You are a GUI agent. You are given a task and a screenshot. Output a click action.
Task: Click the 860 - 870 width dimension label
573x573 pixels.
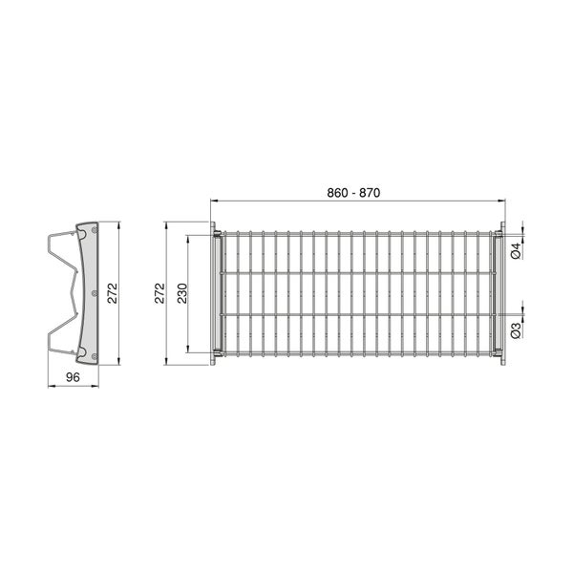(353, 193)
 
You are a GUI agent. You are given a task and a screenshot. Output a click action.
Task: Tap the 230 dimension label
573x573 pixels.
(182, 293)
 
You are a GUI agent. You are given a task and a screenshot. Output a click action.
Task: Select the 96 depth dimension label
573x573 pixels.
(73, 377)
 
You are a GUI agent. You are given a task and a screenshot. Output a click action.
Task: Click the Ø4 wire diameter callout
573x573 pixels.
(516, 251)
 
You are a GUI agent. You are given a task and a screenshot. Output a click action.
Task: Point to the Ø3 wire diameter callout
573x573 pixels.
(516, 330)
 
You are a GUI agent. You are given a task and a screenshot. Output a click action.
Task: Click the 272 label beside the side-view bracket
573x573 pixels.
(113, 293)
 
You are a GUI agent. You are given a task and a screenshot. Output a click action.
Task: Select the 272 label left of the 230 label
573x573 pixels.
(159, 293)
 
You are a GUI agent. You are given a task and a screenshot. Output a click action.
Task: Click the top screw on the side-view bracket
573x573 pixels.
(95, 230)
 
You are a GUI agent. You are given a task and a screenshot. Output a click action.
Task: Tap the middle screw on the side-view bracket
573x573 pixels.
(95, 293)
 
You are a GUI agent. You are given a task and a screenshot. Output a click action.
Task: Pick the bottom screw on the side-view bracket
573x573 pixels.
(95, 356)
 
